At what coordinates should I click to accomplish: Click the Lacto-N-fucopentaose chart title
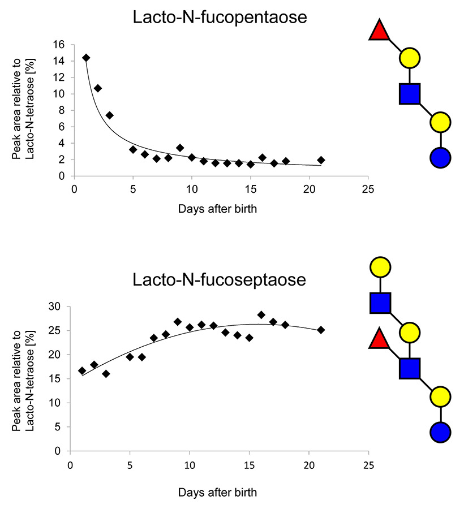(x=220, y=18)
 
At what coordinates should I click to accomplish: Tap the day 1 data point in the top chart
(x=86, y=58)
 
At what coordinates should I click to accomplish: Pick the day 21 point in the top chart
(x=321, y=160)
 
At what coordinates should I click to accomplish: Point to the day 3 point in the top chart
(x=109, y=115)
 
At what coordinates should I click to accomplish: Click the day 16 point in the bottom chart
(x=261, y=315)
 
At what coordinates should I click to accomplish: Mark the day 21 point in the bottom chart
(x=321, y=330)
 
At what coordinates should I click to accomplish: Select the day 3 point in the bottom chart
(x=106, y=374)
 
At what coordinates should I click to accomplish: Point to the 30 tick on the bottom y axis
(x=57, y=307)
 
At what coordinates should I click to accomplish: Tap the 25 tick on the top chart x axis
(x=368, y=189)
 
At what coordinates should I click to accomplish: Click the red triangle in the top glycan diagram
(x=379, y=31)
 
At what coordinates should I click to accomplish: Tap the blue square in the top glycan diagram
(x=410, y=94)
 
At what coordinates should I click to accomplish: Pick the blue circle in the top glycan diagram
(x=440, y=157)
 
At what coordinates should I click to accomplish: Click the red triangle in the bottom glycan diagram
(x=379, y=340)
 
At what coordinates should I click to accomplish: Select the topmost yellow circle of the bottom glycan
(x=380, y=266)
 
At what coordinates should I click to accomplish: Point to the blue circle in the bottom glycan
(x=440, y=433)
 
